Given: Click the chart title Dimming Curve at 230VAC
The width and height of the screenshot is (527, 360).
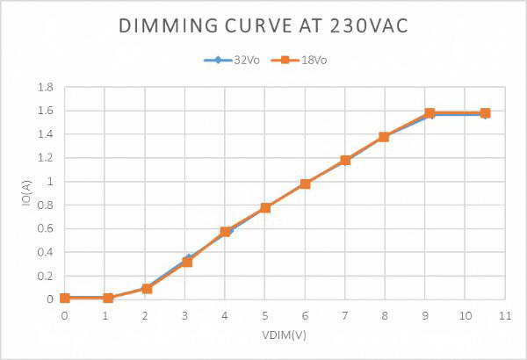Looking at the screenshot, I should coord(263,25).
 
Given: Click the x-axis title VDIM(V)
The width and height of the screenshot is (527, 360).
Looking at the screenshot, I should coord(284,335).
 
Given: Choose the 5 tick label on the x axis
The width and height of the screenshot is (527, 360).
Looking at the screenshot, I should coord(264,313).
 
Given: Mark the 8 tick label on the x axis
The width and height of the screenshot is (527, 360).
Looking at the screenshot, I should coord(385,313).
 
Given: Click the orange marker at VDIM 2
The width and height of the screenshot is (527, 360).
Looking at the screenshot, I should coord(147,288).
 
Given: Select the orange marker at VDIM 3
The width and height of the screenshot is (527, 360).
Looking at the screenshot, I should coord(187,262).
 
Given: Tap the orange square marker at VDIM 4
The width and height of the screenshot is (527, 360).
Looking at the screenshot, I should coord(226,232).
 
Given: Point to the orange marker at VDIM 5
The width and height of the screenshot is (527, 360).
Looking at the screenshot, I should coord(265,207).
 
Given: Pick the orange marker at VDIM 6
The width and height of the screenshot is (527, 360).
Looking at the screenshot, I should coord(306,184).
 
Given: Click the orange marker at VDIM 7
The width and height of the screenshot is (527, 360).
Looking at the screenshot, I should coord(345,160).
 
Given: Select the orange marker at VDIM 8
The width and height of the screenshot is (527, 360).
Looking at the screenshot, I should coord(385,137).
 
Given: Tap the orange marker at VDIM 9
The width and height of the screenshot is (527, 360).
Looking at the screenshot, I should coord(430,113).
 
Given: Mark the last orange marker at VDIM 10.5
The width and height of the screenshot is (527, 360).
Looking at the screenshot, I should coord(485,113).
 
